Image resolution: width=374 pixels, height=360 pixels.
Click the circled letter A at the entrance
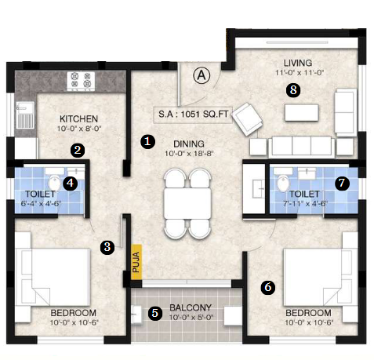pyautogui.click(x=202, y=75)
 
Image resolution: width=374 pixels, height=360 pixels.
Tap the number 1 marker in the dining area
pyautogui.click(x=147, y=141)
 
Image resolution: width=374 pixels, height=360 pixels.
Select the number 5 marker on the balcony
pyautogui.click(x=155, y=313)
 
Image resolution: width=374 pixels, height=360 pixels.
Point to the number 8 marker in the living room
pyautogui.click(x=293, y=90)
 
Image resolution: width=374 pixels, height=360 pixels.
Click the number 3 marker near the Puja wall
pyautogui.click(x=107, y=247)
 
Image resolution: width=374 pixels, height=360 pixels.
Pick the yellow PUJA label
pyautogui.click(x=136, y=262)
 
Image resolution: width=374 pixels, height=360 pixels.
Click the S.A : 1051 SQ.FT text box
pyautogui.click(x=193, y=115)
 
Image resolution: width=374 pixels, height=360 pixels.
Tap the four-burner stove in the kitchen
pyautogui.click(x=81, y=81)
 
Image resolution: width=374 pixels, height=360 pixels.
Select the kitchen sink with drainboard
pyautogui.click(x=26, y=115)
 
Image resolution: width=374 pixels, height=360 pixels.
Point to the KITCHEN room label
pyautogui.click(x=78, y=119)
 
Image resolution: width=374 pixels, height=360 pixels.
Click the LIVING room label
pyautogui.click(x=298, y=63)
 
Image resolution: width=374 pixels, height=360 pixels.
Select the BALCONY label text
pyautogui.click(x=191, y=307)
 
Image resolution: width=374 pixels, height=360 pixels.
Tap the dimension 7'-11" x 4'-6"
pyautogui.click(x=305, y=204)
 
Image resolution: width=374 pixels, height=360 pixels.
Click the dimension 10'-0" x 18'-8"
pyautogui.click(x=189, y=154)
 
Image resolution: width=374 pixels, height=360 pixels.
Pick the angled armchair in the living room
pyautogui.click(x=247, y=119)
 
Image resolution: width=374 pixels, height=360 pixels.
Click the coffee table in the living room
pyautogui.click(x=302, y=113)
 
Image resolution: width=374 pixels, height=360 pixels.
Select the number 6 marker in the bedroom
pyautogui.click(x=268, y=287)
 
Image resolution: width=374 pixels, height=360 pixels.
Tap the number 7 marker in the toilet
pyautogui.click(x=342, y=183)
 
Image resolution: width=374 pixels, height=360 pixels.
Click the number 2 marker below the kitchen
pyautogui.click(x=78, y=151)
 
